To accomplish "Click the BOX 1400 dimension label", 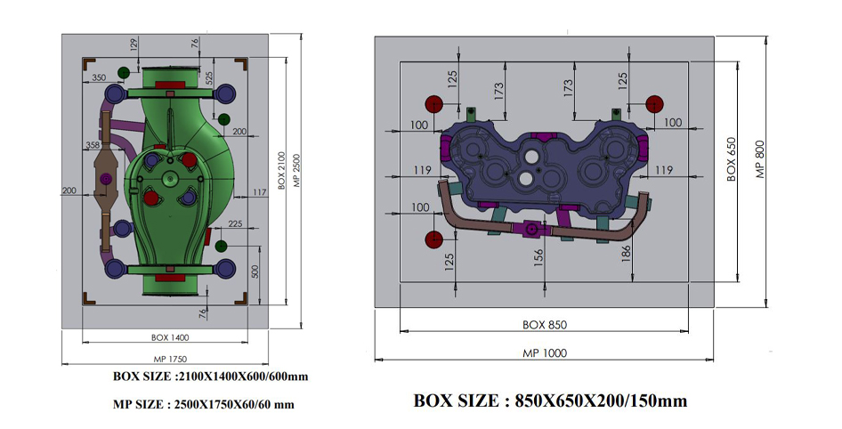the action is click(x=170, y=337).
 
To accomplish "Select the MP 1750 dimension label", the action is click(x=170, y=360).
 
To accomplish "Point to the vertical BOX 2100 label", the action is click(x=281, y=169).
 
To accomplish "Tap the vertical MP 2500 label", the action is click(x=296, y=170).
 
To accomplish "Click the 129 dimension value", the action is click(x=134, y=43).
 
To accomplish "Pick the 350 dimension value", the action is click(x=99, y=77).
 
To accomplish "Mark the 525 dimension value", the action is click(x=209, y=78).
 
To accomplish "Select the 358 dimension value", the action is click(x=93, y=145).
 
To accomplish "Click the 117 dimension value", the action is click(x=259, y=192).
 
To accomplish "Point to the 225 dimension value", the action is click(x=235, y=224).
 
